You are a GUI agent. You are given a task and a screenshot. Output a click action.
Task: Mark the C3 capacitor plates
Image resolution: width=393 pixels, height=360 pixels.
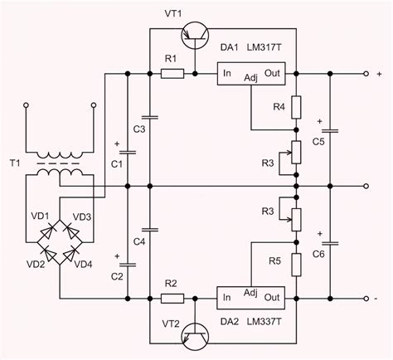(x=148, y=116)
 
